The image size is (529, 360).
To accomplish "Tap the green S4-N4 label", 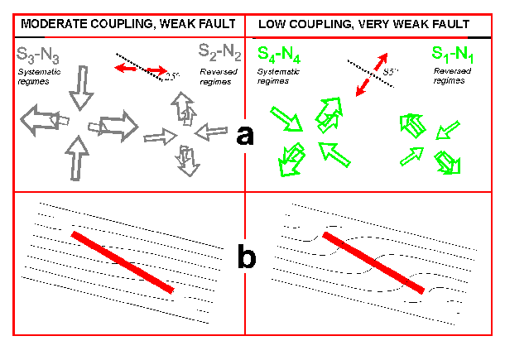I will [279, 55].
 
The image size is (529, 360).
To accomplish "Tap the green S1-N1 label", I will [454, 55].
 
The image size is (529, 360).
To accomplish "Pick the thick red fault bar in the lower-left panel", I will [123, 262].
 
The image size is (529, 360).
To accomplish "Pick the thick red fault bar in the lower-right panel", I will [375, 262].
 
